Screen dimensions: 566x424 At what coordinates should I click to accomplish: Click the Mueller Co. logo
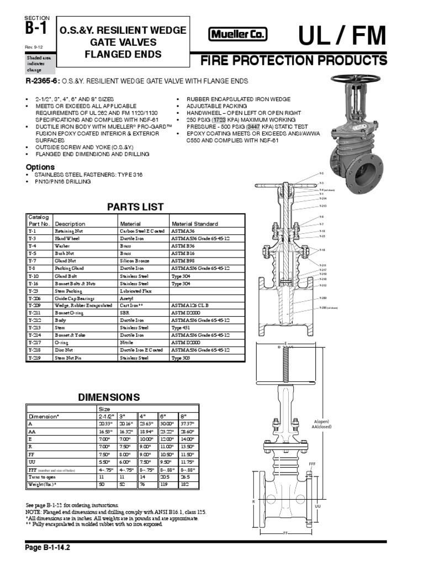pos(237,35)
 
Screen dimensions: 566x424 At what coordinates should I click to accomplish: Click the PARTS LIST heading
pos(135,207)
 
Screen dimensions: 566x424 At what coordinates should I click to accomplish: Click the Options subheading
pos(41,167)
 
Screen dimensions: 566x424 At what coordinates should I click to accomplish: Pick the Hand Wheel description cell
pos(66,238)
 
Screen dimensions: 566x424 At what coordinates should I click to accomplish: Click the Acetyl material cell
pos(128,297)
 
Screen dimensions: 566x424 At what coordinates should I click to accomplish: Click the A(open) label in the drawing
pos(321,421)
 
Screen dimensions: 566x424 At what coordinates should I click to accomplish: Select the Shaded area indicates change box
pos(40,64)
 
